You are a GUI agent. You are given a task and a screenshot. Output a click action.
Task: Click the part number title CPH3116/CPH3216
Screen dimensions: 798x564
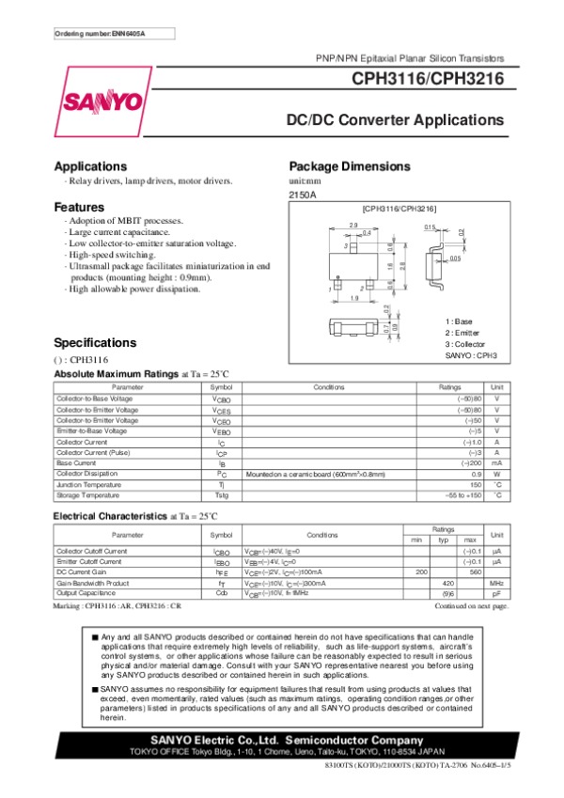click(428, 81)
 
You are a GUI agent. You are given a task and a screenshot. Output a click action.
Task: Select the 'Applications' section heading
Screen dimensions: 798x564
click(90, 166)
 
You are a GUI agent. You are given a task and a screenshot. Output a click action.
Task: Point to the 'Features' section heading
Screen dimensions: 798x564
click(79, 207)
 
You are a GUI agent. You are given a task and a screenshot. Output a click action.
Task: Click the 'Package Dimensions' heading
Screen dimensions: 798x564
click(350, 166)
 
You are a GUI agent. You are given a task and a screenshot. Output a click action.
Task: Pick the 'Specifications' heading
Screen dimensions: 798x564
click(95, 342)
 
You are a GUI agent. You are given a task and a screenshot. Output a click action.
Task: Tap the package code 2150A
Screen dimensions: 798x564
click(303, 194)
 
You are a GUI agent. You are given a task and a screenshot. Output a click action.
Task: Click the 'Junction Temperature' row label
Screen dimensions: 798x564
click(87, 484)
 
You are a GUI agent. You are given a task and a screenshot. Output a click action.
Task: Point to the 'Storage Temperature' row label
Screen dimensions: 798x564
click(86, 494)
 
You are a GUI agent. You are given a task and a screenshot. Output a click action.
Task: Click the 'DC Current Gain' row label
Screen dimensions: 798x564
click(82, 571)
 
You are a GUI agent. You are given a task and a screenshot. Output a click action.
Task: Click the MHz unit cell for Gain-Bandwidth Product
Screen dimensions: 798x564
click(497, 583)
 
